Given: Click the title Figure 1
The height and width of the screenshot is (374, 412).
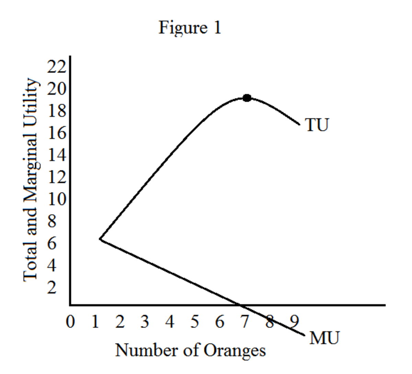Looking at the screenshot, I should (190, 27).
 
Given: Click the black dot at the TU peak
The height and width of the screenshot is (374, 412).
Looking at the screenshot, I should (247, 98).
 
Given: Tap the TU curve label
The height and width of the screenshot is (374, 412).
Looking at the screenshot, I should (317, 125).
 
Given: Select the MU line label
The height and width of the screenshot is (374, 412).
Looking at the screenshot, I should (324, 338).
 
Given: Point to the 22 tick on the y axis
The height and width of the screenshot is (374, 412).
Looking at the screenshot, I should (56, 66).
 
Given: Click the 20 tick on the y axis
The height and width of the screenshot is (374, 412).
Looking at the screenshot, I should (56, 89).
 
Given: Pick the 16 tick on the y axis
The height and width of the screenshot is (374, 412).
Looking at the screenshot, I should (56, 133).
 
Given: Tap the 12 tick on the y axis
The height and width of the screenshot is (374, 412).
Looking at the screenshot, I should (56, 177).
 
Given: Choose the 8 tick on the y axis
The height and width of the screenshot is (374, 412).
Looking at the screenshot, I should (51, 221).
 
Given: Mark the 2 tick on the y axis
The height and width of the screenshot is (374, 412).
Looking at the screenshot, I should (51, 287).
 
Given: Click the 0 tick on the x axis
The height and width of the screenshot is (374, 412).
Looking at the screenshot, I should (70, 322).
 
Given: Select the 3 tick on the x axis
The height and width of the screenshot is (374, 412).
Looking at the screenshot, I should (145, 322).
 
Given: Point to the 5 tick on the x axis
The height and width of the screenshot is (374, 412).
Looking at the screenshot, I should (195, 322).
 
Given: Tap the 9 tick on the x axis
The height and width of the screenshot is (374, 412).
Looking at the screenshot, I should (295, 322).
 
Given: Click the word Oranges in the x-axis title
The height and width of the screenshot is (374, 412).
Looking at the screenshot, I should (234, 351).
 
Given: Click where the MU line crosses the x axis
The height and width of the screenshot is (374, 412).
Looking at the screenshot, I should (240, 305).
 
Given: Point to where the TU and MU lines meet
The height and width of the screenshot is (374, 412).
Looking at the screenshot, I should (100, 239).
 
